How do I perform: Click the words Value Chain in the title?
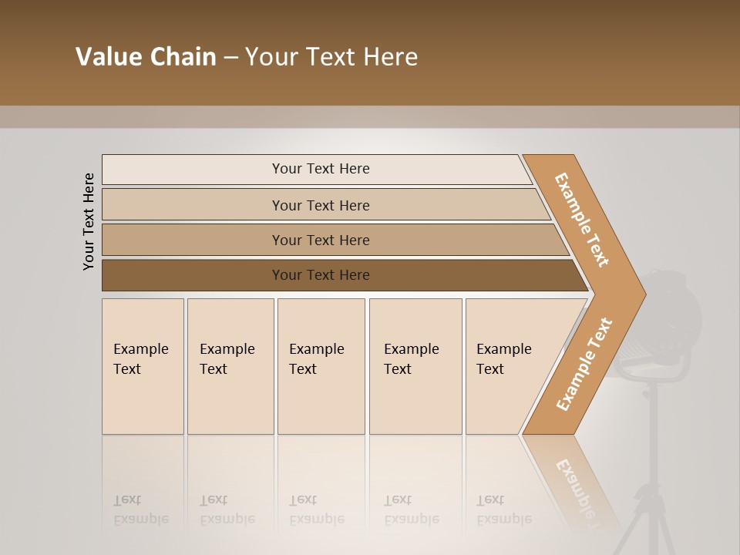[146, 57]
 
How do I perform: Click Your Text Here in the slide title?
[331, 57]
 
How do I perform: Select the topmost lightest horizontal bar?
[320, 169]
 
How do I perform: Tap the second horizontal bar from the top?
[320, 205]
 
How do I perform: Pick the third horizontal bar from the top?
[320, 240]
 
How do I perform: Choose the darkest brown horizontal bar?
[320, 275]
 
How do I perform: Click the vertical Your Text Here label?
[89, 222]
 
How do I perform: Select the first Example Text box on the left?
[143, 366]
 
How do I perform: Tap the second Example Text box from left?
[230, 366]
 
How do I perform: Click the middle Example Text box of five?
[321, 366]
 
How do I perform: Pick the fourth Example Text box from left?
[415, 366]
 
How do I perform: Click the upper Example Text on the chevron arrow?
[582, 220]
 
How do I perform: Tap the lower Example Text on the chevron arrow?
[584, 365]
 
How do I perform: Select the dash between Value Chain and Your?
[230, 58]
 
